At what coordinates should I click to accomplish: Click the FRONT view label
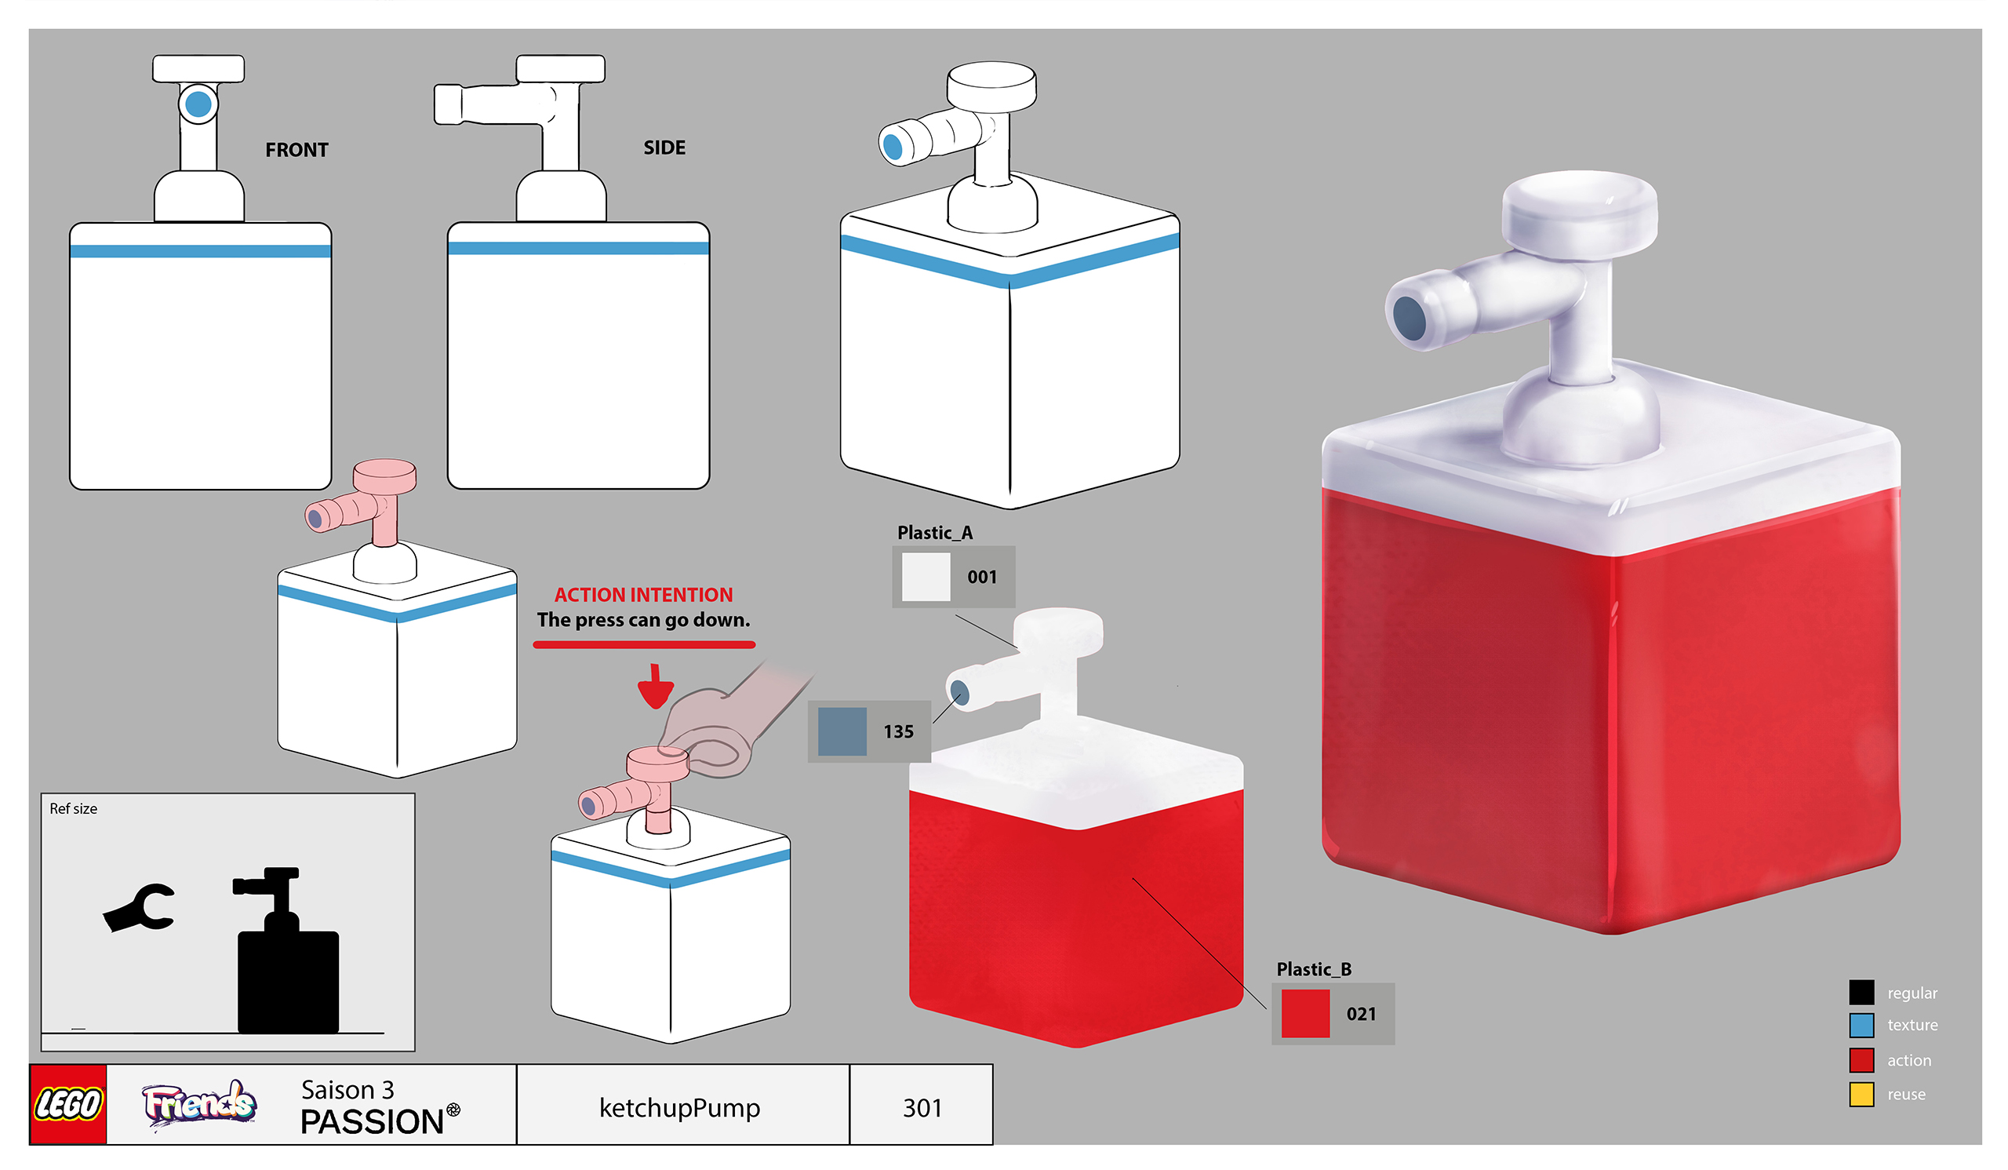pos(296,150)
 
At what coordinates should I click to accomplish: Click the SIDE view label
pos(664,148)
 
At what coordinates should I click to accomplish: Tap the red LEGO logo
pos(67,1104)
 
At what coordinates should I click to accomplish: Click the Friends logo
pos(199,1104)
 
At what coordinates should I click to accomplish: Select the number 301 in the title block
pos(922,1107)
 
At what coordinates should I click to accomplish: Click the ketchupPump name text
pos(680,1107)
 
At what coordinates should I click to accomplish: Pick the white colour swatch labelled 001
pos(925,576)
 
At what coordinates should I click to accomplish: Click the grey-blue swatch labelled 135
pos(842,731)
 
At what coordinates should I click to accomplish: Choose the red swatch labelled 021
pos(1305,1013)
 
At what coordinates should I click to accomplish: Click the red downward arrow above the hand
pos(656,687)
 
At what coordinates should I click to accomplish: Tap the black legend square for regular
pos(1861,993)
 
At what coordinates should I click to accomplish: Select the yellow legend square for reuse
pos(1861,1095)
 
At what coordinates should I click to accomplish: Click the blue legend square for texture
pos(1861,1025)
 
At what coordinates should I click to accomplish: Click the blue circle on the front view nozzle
pos(198,104)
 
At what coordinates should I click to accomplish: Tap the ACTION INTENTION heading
pos(643,595)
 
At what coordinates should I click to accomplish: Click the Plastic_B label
pos(1314,969)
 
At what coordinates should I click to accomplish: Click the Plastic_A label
pos(935,532)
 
